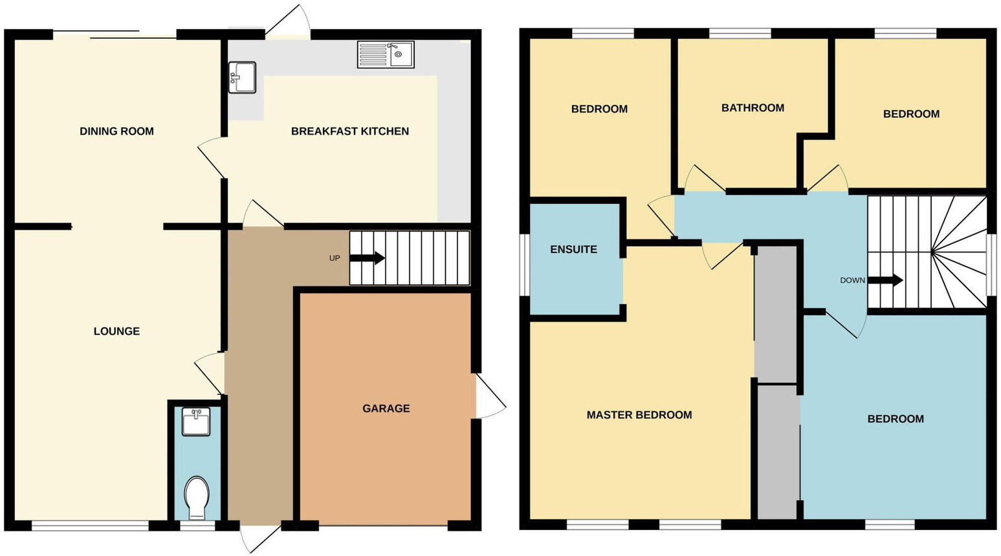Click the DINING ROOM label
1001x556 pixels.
click(116, 131)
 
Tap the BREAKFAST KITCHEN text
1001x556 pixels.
click(349, 131)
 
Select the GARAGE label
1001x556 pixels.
click(386, 408)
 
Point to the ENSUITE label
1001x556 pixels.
click(573, 249)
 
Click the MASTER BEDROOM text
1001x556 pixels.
click(639, 415)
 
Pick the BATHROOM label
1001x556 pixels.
click(753, 108)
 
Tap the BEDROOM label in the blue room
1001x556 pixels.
click(895, 419)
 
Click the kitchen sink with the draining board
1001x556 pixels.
click(386, 54)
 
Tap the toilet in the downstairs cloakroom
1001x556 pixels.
click(195, 497)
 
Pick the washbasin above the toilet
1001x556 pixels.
click(195, 421)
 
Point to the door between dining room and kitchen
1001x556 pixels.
click(212, 159)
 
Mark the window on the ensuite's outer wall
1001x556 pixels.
click(525, 265)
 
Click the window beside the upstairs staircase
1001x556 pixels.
click(991, 264)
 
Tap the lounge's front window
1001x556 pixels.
click(90, 526)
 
